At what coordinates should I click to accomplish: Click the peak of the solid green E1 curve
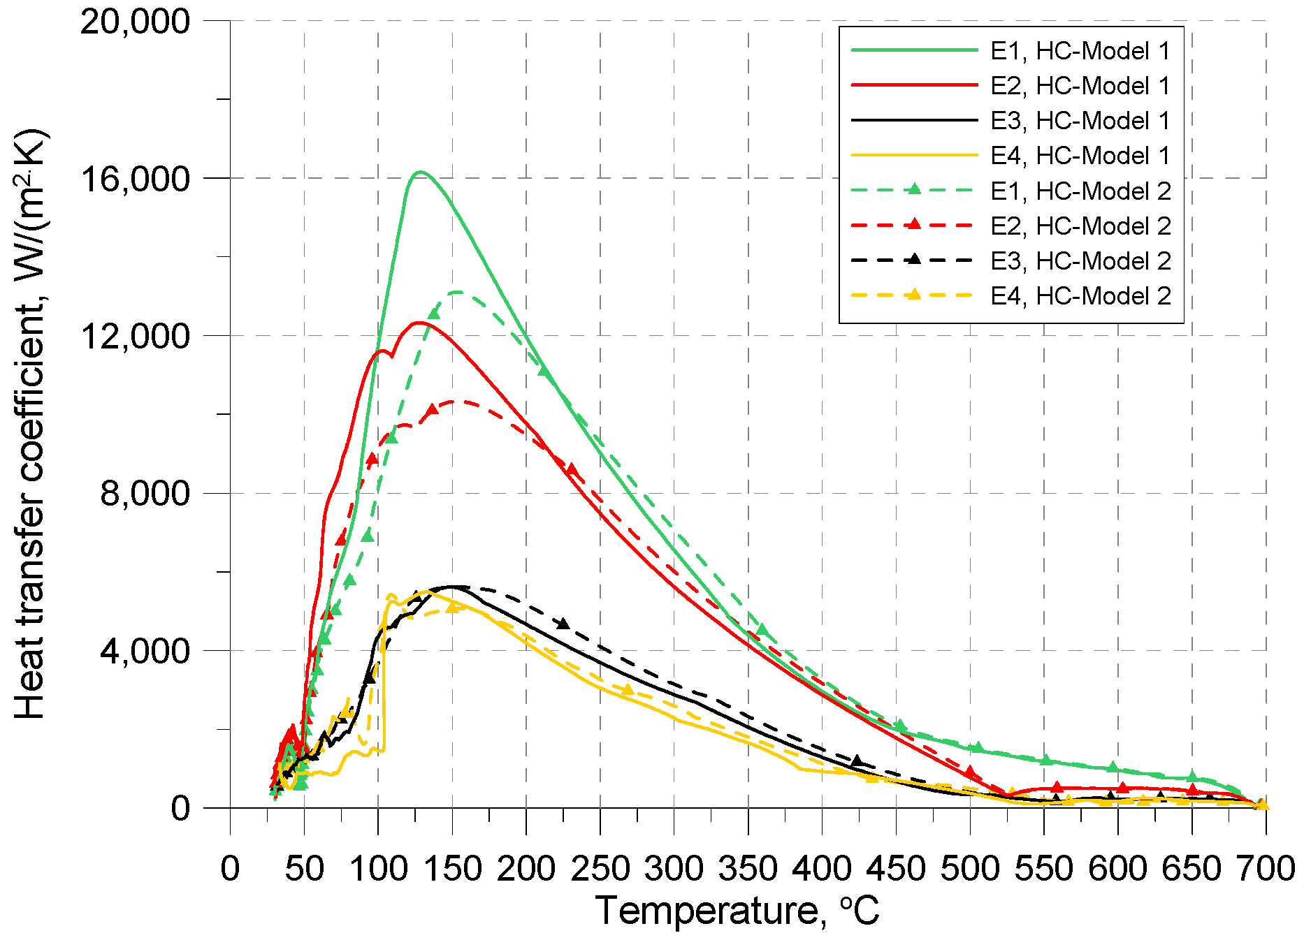coord(420,172)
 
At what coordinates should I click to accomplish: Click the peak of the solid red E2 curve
coord(418,323)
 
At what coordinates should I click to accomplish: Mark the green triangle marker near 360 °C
coord(762,631)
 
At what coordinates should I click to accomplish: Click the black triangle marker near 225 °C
coord(563,624)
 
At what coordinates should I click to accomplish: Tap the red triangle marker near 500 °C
coord(969,772)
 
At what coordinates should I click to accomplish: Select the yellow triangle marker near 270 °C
coord(627,690)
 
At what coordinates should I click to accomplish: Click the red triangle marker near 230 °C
coord(572,469)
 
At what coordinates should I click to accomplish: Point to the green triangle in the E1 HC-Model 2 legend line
coord(913,189)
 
